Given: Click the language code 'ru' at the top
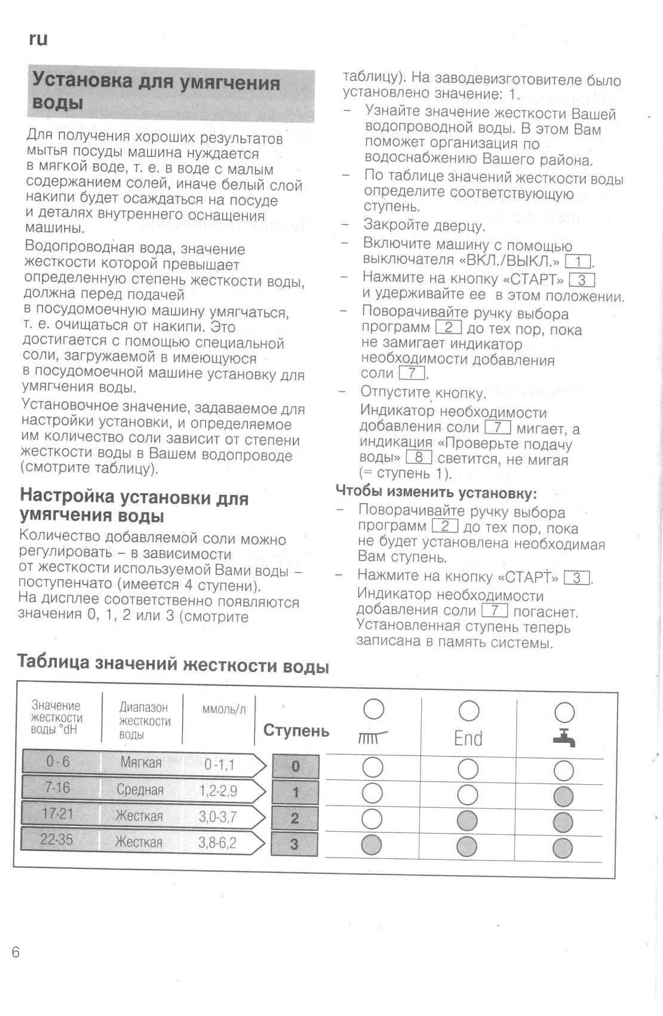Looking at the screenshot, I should click(38, 39).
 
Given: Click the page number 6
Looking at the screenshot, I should click(16, 952).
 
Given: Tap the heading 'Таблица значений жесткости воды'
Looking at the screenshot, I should click(173, 663).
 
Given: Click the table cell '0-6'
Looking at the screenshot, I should click(57, 761).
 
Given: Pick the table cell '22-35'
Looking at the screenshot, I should click(56, 840).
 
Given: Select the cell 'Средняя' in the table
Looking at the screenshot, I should click(140, 789).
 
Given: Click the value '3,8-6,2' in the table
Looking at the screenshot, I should click(217, 843).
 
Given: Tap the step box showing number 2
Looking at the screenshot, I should click(294, 818).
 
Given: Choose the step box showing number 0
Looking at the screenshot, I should click(295, 766).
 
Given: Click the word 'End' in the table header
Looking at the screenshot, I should click(468, 739).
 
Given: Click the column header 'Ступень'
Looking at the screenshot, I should click(296, 730).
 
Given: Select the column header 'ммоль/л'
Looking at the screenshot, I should click(224, 709).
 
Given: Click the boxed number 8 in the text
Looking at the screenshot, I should click(418, 458).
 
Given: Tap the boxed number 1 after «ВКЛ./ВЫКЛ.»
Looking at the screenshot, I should click(578, 261).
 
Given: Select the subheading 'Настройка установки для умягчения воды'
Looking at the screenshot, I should click(134, 506).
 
